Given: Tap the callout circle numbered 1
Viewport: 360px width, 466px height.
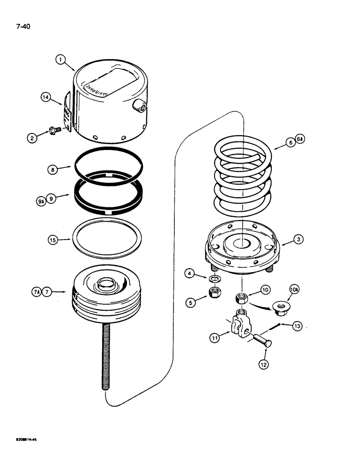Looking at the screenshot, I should pos(61,59).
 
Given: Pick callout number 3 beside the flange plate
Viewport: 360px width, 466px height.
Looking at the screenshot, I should pos(298,239).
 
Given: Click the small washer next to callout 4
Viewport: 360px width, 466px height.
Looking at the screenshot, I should pos(215,279).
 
